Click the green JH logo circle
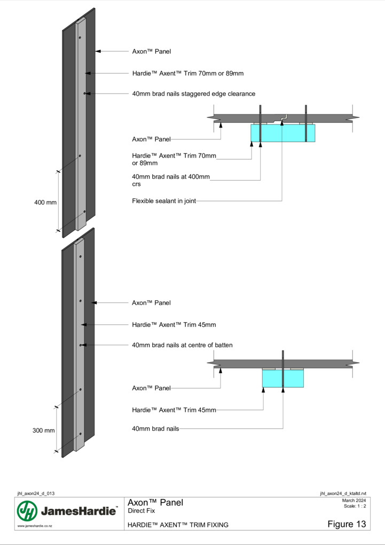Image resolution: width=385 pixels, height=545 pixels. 27,511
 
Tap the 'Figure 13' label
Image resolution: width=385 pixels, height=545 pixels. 347,524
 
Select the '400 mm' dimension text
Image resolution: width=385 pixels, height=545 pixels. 45,203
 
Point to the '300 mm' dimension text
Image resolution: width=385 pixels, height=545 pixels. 43,430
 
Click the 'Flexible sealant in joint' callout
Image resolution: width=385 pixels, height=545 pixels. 164,201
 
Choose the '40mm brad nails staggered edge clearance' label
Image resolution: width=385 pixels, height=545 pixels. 193,94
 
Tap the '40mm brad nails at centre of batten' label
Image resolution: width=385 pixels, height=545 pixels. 182,345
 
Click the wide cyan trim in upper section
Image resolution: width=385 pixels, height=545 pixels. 283,133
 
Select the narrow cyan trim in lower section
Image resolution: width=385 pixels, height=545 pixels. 283,378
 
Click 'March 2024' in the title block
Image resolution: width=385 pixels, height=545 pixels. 353,501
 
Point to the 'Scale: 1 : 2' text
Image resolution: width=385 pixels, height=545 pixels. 355,506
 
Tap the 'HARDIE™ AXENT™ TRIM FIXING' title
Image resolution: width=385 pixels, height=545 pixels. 178,525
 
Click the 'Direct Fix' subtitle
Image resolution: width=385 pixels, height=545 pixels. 142,511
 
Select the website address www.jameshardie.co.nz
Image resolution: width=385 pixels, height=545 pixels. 35,526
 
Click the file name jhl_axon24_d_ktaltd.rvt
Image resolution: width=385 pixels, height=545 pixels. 343,494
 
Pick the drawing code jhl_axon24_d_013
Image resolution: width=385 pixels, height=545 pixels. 36,494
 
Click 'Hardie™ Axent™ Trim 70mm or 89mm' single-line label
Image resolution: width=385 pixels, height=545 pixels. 187,73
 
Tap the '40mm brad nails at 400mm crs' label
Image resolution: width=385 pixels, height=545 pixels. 171,180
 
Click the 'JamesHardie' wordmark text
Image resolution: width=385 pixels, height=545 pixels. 78,511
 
